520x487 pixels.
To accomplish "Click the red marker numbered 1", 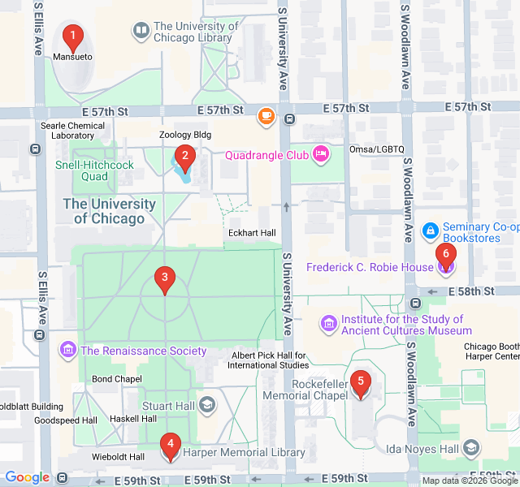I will (73, 37).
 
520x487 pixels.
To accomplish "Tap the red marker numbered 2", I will (184, 157).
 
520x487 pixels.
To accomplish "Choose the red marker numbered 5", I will (361, 383).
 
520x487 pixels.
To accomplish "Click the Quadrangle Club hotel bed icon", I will (320, 153).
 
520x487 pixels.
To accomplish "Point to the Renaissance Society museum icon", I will (68, 351).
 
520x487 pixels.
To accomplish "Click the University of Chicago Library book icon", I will (141, 31).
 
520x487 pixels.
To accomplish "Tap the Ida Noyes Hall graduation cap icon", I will (471, 448).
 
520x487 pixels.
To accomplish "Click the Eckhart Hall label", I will (251, 233).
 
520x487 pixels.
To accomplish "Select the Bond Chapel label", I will (111, 379).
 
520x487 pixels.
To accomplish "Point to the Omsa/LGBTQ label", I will (376, 149).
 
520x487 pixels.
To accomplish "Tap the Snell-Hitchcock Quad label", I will (93, 170).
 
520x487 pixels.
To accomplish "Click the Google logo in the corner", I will (28, 477).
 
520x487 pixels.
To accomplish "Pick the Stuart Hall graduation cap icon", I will (208, 404).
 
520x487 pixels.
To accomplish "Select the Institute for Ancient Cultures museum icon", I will (329, 325).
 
